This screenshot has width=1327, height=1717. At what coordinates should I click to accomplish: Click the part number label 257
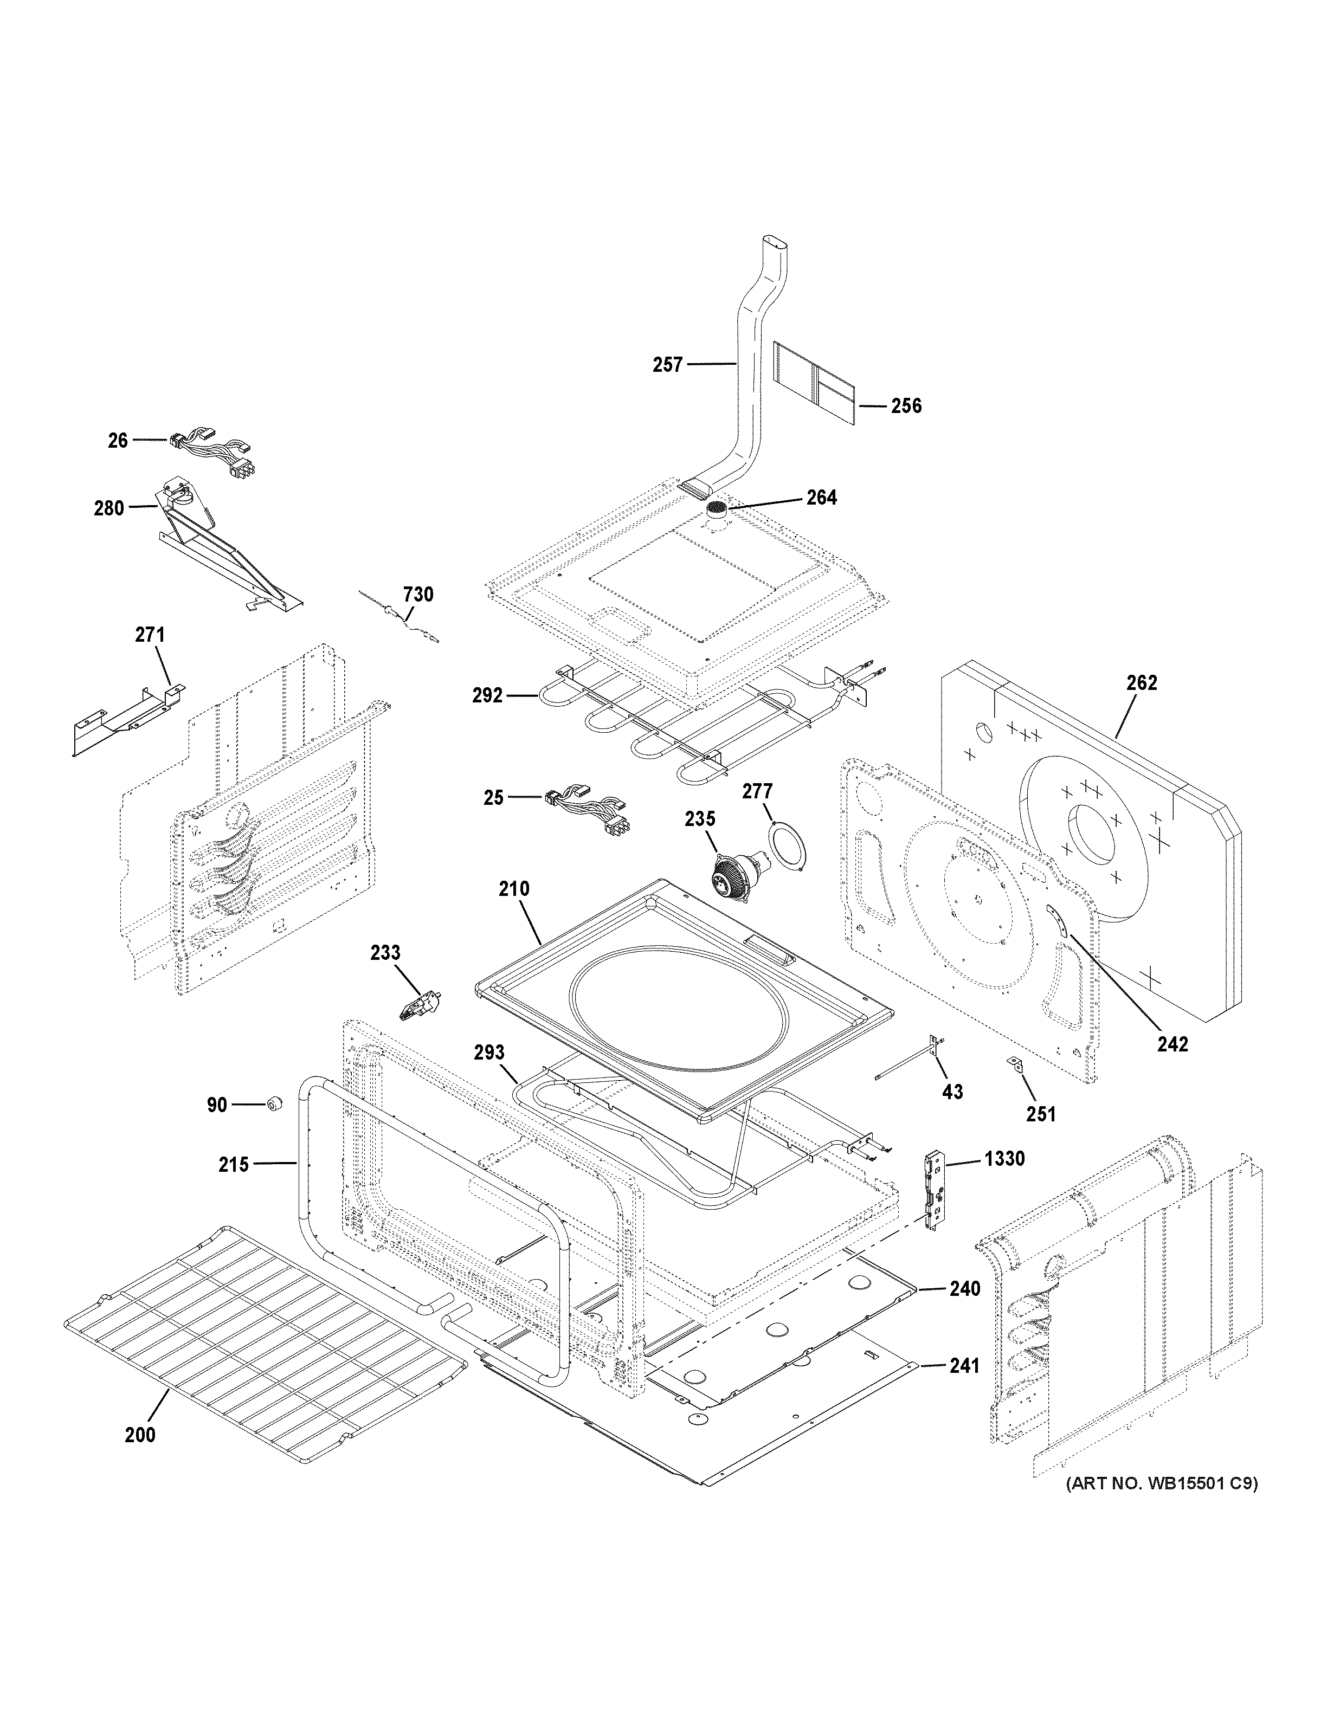[667, 364]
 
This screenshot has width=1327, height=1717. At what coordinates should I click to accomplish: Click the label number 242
[1172, 1043]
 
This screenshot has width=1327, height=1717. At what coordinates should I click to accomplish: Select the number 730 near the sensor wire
[418, 595]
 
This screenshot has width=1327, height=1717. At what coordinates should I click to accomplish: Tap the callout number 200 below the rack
[140, 1435]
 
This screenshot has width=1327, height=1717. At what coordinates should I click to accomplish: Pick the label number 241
[964, 1366]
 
